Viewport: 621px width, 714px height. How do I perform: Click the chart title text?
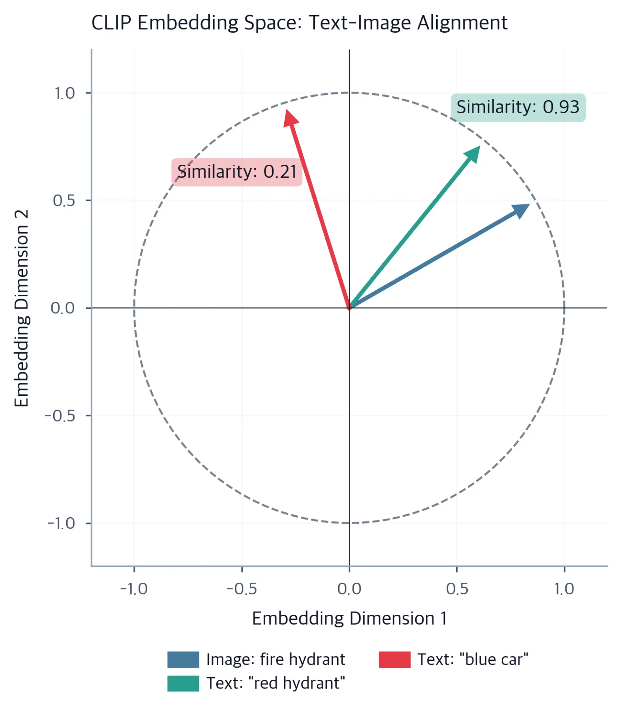pos(300,23)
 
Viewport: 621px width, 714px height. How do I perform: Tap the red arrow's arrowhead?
pos(290,118)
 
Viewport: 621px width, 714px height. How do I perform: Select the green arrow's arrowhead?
pos(473,154)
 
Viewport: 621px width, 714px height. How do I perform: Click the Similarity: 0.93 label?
pos(518,107)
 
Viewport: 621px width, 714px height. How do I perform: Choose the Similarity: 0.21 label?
pos(237,172)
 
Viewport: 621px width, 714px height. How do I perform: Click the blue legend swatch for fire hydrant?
pos(183,660)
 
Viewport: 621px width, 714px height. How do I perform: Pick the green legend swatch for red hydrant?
pos(183,684)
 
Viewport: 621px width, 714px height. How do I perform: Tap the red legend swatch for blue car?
pos(395,660)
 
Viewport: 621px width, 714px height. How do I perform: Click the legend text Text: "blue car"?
pos(473,660)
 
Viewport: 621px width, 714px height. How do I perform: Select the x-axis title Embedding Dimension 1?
pos(349,619)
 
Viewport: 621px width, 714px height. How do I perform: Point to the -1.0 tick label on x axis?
pos(134,589)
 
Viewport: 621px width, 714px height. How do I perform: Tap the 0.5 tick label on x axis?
pos(457,589)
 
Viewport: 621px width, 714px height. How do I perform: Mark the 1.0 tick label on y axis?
pos(65,93)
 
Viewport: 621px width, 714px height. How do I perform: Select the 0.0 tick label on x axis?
pos(349,589)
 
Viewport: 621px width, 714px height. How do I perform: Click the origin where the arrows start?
pos(349,308)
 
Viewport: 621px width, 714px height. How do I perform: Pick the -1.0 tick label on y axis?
pos(61,523)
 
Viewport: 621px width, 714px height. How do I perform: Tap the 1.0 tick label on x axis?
pos(564,589)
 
